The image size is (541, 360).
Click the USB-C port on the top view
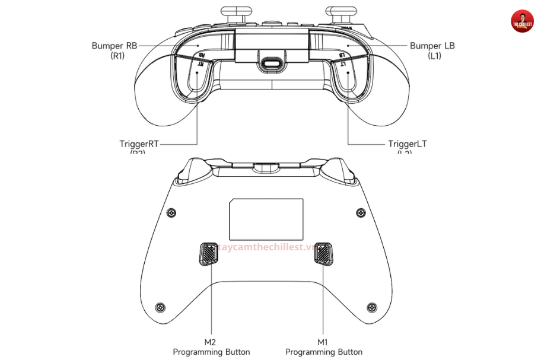272,63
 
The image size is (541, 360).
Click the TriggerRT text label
140,144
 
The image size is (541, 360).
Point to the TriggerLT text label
408,144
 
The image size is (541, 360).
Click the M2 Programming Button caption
211,347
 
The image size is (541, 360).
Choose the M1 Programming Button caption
324,347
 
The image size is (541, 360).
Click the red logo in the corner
523,21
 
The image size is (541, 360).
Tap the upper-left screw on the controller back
172,212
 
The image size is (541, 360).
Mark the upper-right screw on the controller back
360,212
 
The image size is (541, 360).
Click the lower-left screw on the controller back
160,307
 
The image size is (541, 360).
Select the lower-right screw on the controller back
372,307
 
